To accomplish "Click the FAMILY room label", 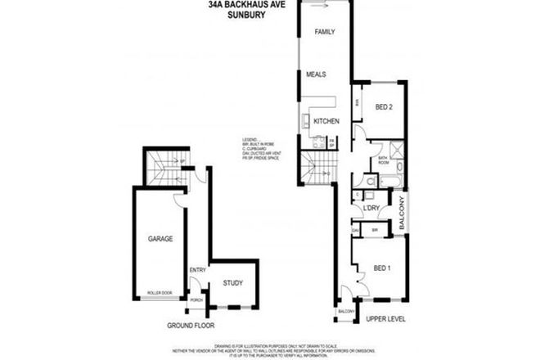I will (x=325, y=32).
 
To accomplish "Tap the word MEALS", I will (x=317, y=74).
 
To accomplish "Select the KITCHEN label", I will (x=326, y=121).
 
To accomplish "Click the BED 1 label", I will (x=382, y=268).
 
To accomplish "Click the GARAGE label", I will (x=160, y=240).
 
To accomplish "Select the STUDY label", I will (x=233, y=284).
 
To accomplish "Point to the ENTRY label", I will (x=196, y=270).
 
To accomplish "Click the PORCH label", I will (x=196, y=299).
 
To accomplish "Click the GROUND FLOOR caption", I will (x=191, y=325).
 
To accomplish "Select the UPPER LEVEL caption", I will (x=386, y=317).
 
